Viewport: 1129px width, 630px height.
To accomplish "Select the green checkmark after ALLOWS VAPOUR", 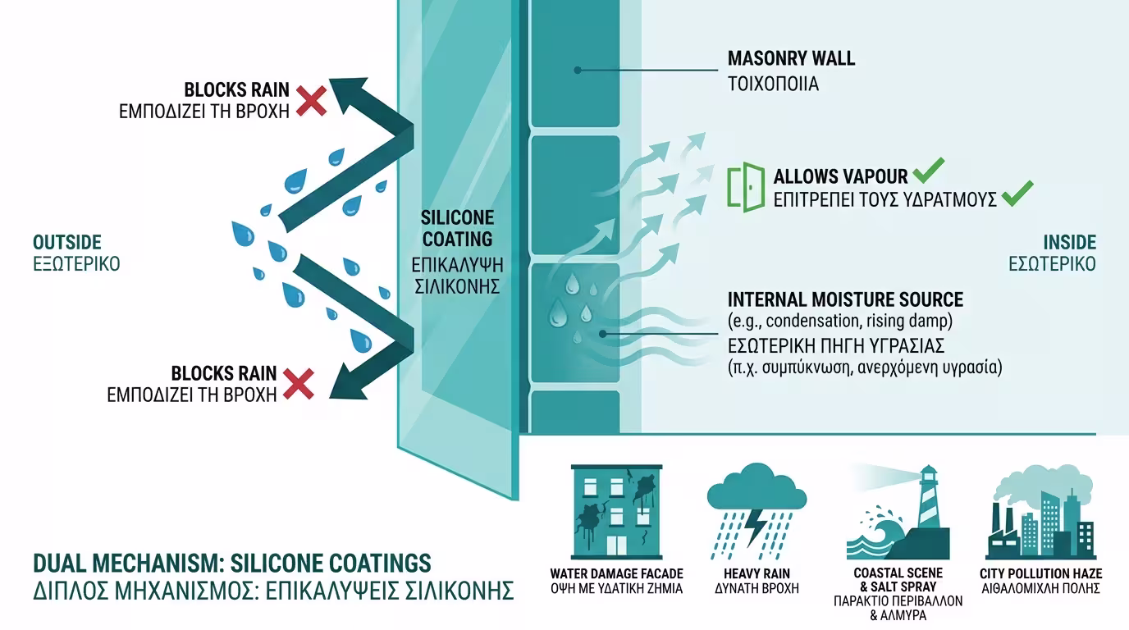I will (x=928, y=171).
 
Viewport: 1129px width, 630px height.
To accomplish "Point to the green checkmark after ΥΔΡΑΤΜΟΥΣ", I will (x=1017, y=194).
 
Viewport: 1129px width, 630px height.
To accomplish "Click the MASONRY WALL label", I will (x=791, y=58).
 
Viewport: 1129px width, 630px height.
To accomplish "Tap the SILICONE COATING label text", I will (x=457, y=228).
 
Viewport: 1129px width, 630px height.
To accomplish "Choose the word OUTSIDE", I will (x=67, y=242).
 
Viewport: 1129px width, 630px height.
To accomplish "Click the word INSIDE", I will (x=1069, y=242).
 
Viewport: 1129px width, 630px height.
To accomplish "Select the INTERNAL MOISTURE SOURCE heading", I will (x=845, y=299).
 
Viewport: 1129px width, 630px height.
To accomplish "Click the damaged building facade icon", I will (x=617, y=510).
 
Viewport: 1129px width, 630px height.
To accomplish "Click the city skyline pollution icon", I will (x=1040, y=513).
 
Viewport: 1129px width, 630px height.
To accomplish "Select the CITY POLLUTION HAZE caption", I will (x=1040, y=573).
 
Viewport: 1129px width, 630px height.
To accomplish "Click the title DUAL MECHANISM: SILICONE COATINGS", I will (x=232, y=564).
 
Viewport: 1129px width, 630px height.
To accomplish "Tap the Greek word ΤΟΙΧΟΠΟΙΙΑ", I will (x=773, y=84).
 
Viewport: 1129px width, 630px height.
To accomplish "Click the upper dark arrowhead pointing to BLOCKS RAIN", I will (x=350, y=93).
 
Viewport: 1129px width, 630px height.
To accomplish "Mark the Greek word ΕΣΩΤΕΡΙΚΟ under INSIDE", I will (x=1052, y=264).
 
